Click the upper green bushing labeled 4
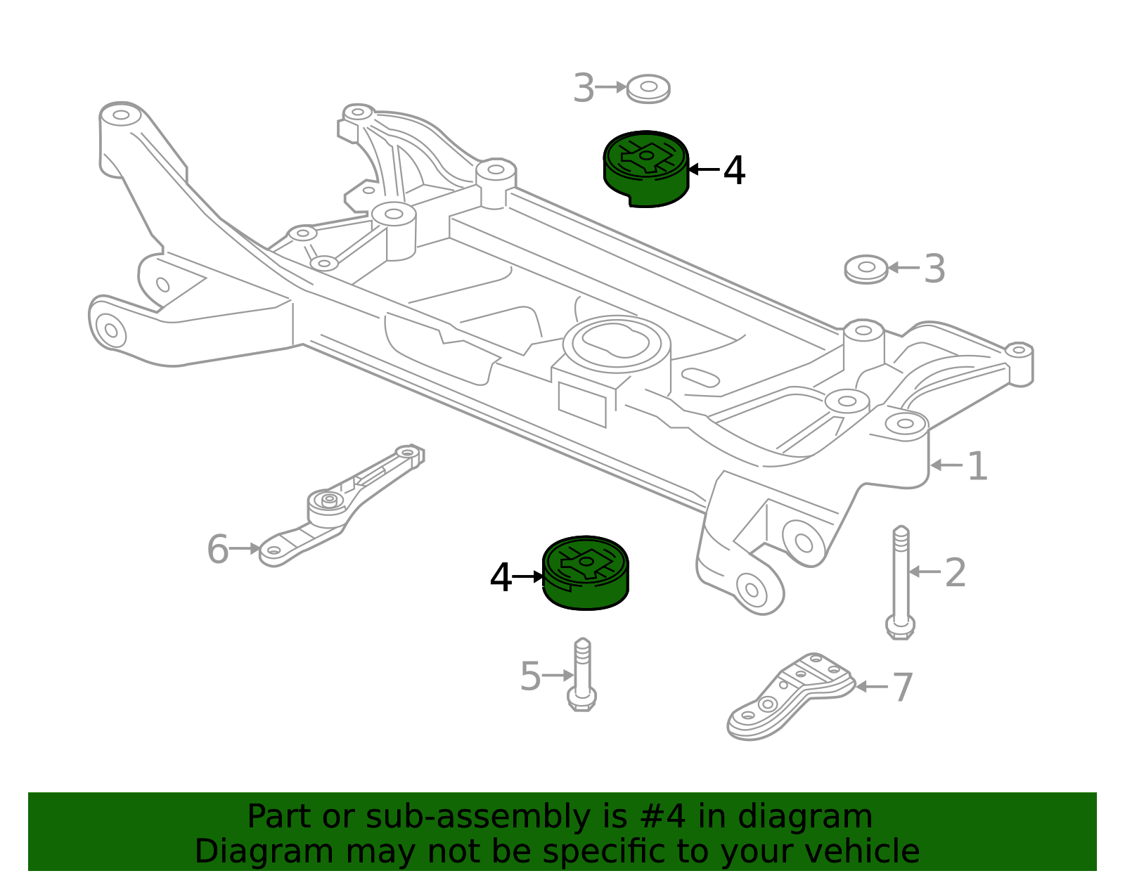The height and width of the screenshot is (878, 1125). [645, 169]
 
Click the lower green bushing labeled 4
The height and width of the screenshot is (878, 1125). [585, 573]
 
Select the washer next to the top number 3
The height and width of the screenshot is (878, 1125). [648, 89]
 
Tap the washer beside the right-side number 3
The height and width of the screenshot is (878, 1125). [866, 269]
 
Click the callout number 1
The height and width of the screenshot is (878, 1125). [977, 466]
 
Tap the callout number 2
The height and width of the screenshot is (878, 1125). [955, 573]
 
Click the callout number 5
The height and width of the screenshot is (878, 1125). [530, 677]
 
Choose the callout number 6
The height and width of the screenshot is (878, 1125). [217, 549]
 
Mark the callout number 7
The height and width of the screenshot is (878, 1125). [902, 687]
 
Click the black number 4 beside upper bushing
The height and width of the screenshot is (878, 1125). [734, 171]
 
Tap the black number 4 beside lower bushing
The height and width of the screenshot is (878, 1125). [501, 579]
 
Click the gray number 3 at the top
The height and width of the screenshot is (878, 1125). [584, 89]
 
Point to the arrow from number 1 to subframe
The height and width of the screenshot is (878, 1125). [946, 465]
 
